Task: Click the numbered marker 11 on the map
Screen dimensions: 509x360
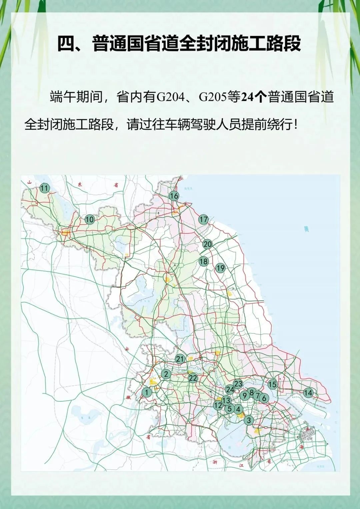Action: point(44,188)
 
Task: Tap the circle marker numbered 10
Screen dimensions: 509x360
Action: point(89,219)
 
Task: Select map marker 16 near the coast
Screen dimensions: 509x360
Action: point(174,196)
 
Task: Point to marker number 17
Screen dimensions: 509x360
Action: point(203,219)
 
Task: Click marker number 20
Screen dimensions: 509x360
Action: point(207,244)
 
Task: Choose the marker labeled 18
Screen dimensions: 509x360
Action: point(203,261)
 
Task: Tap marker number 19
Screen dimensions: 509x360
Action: point(220,268)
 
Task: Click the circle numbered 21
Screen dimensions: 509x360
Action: point(180,359)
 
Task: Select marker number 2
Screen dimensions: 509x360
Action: point(166,374)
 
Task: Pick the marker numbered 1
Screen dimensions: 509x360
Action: point(147,392)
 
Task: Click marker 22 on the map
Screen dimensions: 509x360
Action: point(193,378)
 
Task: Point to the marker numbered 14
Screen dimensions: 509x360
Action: point(308,393)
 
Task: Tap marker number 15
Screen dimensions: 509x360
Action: point(272,384)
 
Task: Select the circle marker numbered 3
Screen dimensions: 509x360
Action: point(249,420)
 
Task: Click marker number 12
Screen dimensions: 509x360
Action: point(218,405)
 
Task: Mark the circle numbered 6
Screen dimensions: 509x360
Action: point(264,398)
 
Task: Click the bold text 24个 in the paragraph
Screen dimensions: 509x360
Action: point(254,97)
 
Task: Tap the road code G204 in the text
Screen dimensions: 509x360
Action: point(170,97)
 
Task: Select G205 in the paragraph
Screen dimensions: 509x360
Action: point(213,97)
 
